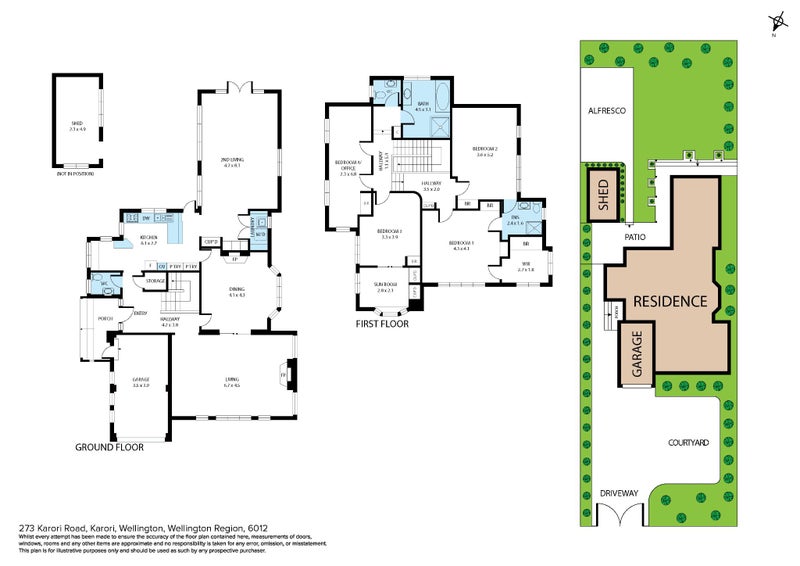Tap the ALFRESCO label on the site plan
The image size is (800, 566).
(x=606, y=112)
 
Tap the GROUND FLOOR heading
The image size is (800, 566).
(x=109, y=447)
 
